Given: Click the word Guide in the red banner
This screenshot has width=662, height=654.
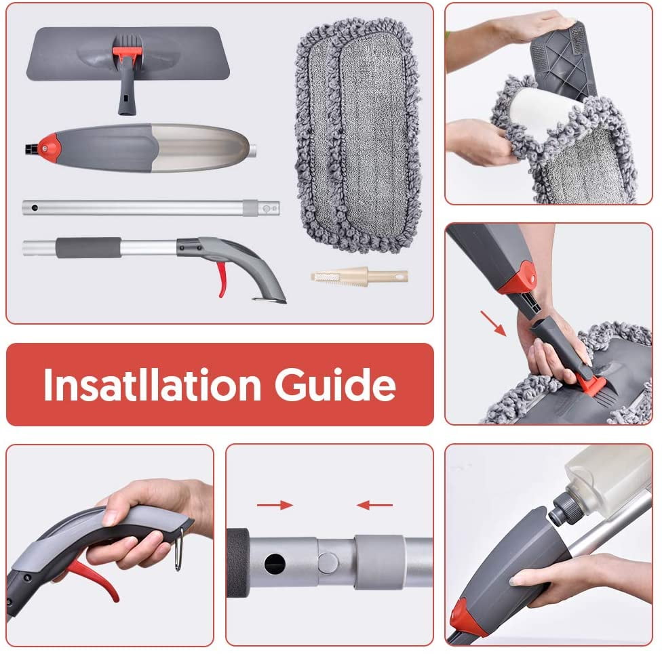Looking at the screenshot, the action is [335, 384].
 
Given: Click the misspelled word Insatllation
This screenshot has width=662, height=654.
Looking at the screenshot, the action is [152, 384].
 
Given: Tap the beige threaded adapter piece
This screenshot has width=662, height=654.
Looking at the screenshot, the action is [359, 277].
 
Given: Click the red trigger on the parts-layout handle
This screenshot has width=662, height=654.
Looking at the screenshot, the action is [222, 279].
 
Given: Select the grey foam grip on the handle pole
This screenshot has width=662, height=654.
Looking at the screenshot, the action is [88, 247].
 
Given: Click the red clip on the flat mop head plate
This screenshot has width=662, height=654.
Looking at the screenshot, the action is [127, 53].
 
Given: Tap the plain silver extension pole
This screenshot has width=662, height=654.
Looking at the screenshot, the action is [151, 208].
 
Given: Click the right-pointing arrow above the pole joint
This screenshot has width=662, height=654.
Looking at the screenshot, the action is [275, 505].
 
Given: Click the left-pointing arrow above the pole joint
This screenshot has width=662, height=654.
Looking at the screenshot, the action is [374, 505].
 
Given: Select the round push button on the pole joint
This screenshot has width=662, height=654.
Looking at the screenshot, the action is [328, 563].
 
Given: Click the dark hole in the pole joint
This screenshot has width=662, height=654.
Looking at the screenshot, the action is [275, 564].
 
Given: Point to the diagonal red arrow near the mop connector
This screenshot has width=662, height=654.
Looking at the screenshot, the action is [493, 323].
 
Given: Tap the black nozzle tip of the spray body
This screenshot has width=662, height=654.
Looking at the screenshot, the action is [31, 148].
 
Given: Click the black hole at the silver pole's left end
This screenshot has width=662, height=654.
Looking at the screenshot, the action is [35, 208].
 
